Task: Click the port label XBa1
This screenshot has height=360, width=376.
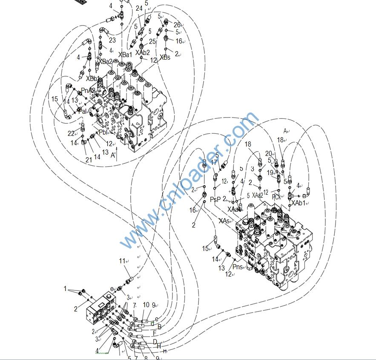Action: pyautogui.click(x=125, y=55)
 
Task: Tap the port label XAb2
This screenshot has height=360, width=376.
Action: pyautogui.click(x=143, y=53)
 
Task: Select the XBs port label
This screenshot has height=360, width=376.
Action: pyautogui.click(x=165, y=58)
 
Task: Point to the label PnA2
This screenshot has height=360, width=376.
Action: pyautogui.click(x=88, y=90)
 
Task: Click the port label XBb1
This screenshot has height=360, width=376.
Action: pyautogui.click(x=93, y=78)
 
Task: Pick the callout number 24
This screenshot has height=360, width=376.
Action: pyautogui.click(x=139, y=8)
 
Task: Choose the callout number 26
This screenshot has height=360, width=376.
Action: pyautogui.click(x=177, y=25)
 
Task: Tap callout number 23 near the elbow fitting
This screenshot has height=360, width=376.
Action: pyautogui.click(x=112, y=40)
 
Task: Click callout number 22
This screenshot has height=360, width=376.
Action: pyautogui.click(x=71, y=133)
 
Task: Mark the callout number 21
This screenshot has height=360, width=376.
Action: pyautogui.click(x=89, y=160)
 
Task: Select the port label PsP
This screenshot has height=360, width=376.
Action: pyautogui.click(x=215, y=199)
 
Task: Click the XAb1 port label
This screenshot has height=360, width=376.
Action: pyautogui.click(x=299, y=203)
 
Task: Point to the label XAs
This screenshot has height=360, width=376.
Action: pyautogui.click(x=224, y=221)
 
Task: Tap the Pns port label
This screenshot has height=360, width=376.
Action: pyautogui.click(x=238, y=267)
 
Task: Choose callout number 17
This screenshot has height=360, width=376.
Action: pyautogui.click(x=214, y=162)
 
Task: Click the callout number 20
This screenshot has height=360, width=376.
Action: pyautogui.click(x=268, y=153)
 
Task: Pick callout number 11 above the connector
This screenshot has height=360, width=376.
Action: pyautogui.click(x=123, y=261)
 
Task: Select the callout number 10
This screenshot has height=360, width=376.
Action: pyautogui.click(x=146, y=305)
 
